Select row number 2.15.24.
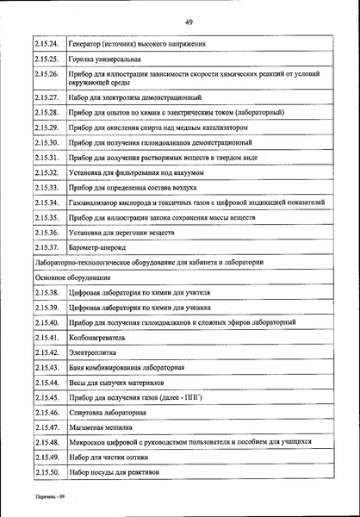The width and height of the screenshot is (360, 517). click(47, 43)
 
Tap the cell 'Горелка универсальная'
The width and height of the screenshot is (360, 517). click(102, 60)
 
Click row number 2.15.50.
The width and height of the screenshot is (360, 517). click(47, 472)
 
